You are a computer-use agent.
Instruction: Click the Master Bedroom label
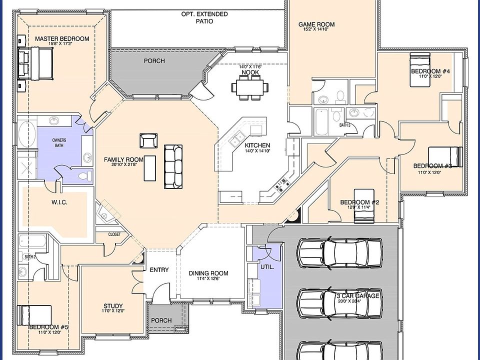pyautogui.click(x=62, y=38)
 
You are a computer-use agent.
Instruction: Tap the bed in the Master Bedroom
pyautogui.click(x=35, y=63)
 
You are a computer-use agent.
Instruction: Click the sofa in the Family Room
pyautogui.click(x=173, y=167)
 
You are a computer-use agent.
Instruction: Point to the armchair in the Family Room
pyautogui.click(x=148, y=140)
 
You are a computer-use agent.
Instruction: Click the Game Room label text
pyautogui.click(x=316, y=24)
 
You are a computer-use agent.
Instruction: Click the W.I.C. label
pyautogui.click(x=59, y=202)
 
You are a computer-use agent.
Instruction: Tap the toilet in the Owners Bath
pyautogui.click(x=85, y=175)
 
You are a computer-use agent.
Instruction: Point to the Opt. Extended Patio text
pyautogui.click(x=204, y=17)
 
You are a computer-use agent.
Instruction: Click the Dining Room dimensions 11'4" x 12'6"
pyautogui.click(x=208, y=279)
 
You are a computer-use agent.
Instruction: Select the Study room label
pyautogui.click(x=113, y=306)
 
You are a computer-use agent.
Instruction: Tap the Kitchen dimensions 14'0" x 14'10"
pyautogui.click(x=257, y=150)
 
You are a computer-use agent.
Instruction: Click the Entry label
pyautogui.click(x=159, y=270)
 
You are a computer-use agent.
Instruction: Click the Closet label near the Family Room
pyautogui.click(x=114, y=234)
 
